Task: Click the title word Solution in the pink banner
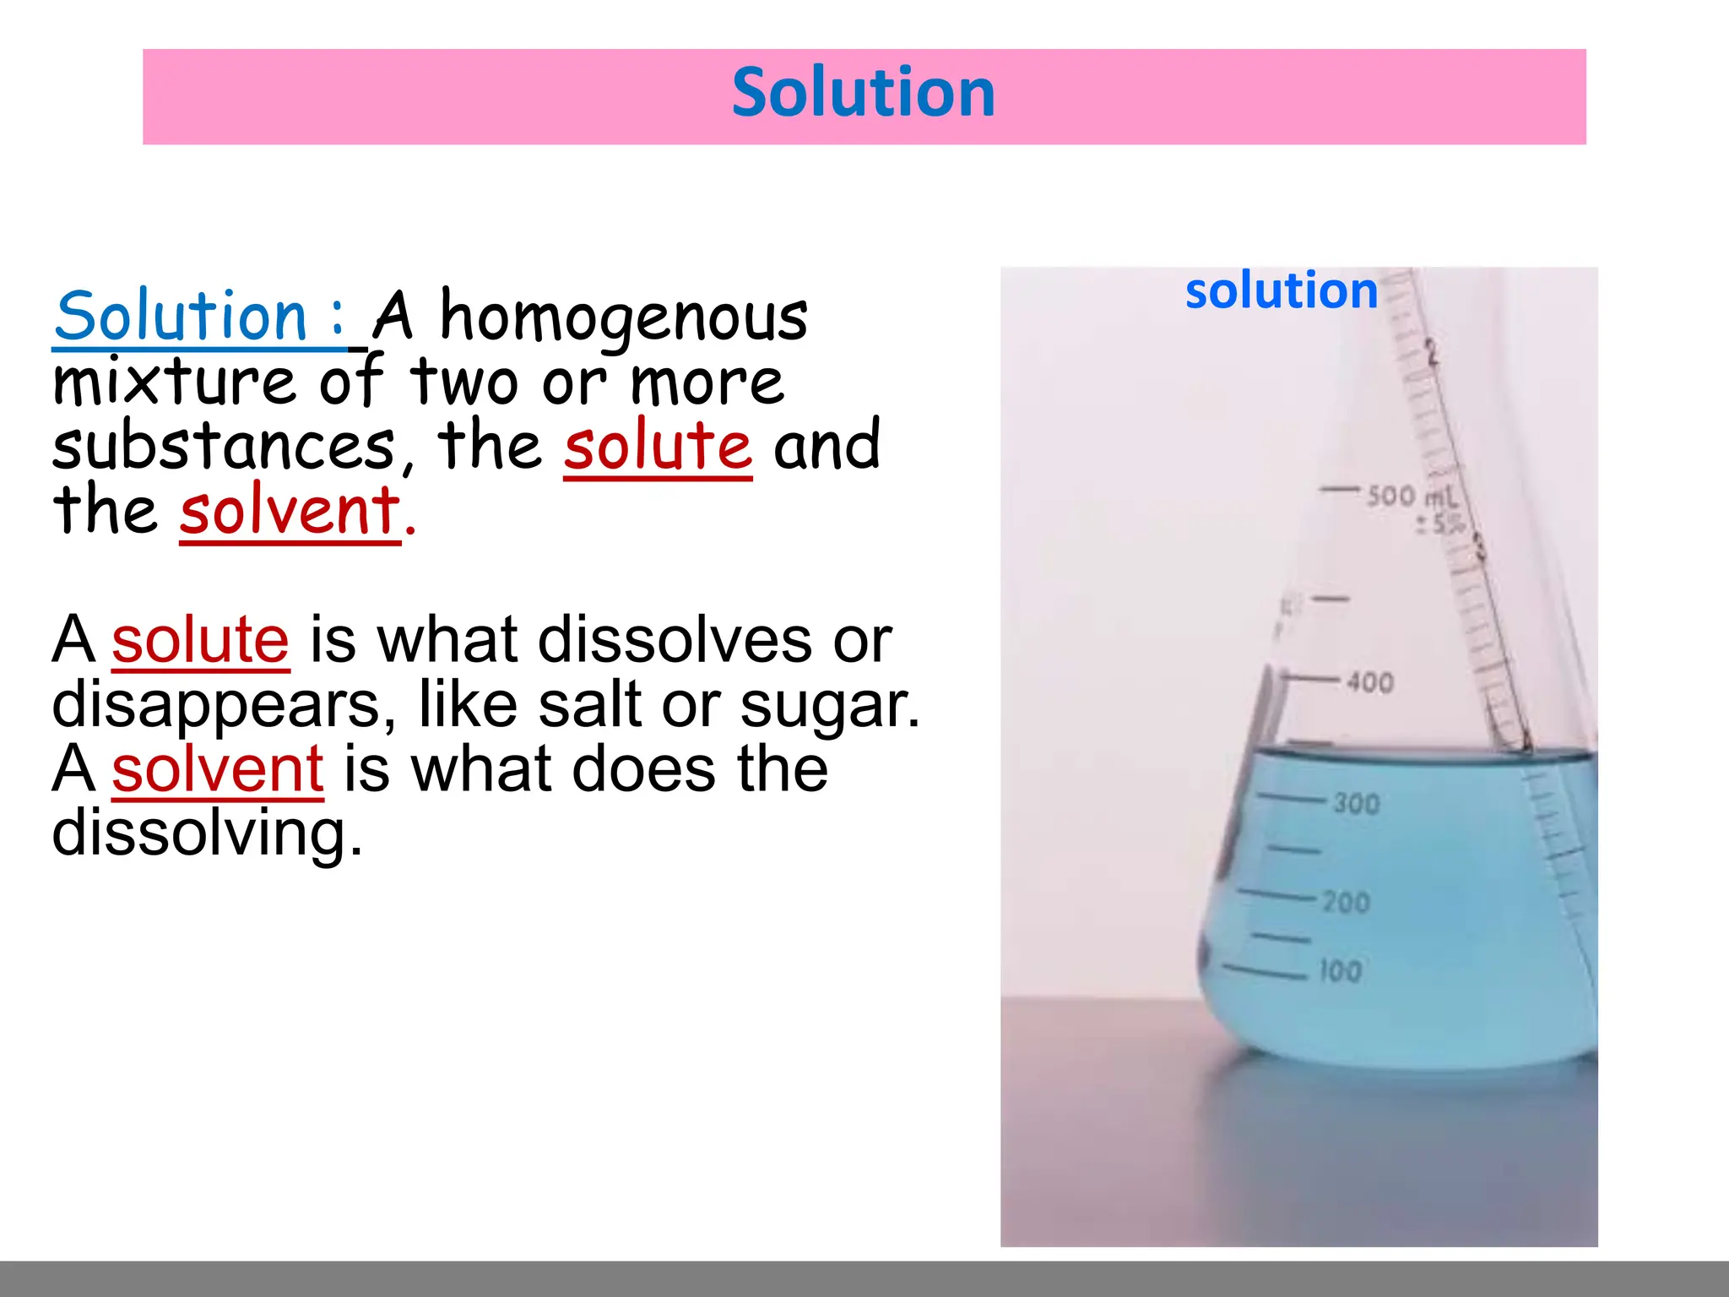pyautogui.click(x=863, y=93)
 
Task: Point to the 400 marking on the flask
pyautogui.click(x=1369, y=681)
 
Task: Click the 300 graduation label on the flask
pyautogui.click(x=1356, y=803)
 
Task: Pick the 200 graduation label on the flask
pyautogui.click(x=1346, y=902)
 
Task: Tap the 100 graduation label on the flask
pyautogui.click(x=1341, y=970)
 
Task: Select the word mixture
pyautogui.click(x=174, y=383)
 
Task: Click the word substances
pyautogui.click(x=223, y=447)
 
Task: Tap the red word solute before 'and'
pyautogui.click(x=657, y=447)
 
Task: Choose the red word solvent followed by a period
pyautogui.click(x=290, y=511)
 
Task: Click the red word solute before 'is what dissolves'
pyautogui.click(x=200, y=640)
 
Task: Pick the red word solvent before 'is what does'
pyautogui.click(x=217, y=769)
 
